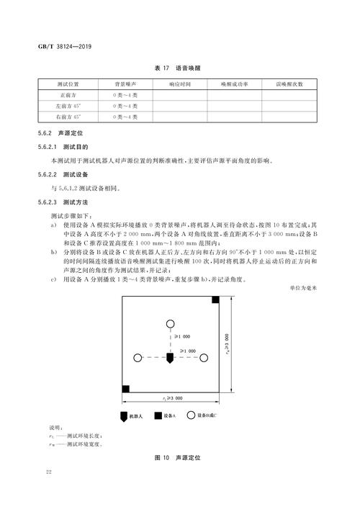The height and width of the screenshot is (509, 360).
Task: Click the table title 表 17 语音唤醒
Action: [x=178, y=68]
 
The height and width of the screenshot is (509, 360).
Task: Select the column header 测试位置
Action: [x=69, y=84]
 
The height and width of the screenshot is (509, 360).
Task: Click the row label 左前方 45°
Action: [x=69, y=105]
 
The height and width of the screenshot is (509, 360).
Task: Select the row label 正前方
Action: [x=69, y=95]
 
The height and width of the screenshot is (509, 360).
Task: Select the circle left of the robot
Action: [x=137, y=357]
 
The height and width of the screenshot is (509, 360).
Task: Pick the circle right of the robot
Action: [x=204, y=357]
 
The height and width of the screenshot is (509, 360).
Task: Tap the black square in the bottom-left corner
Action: [x=125, y=389]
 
